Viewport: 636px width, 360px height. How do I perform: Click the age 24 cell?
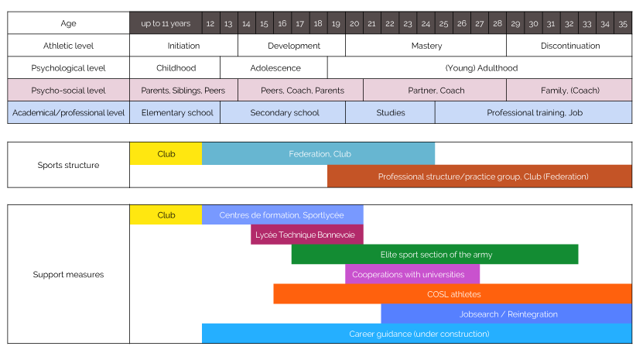point(426,24)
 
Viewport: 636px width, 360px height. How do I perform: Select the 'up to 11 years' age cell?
point(166,24)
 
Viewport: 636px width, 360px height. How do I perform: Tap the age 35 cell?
point(623,24)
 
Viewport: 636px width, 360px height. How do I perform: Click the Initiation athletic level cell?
point(183,46)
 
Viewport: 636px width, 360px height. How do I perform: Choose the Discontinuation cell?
point(569,46)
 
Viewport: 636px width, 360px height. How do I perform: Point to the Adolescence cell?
point(275,68)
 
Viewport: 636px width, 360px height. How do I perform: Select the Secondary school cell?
point(285,113)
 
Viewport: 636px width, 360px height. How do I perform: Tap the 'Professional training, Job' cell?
point(533,113)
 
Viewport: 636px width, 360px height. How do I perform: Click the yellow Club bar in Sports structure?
point(166,154)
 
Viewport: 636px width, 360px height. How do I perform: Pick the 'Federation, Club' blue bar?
point(319,154)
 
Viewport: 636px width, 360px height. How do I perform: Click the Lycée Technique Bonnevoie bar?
point(307,235)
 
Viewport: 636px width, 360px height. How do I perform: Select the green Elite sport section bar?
point(435,255)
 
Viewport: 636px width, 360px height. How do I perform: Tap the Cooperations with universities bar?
point(412,275)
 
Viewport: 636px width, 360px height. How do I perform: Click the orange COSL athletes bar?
point(453,294)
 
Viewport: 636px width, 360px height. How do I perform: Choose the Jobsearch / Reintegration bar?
point(507,314)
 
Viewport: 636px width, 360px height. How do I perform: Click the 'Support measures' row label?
point(68,275)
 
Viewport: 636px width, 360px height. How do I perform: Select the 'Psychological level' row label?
point(68,68)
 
